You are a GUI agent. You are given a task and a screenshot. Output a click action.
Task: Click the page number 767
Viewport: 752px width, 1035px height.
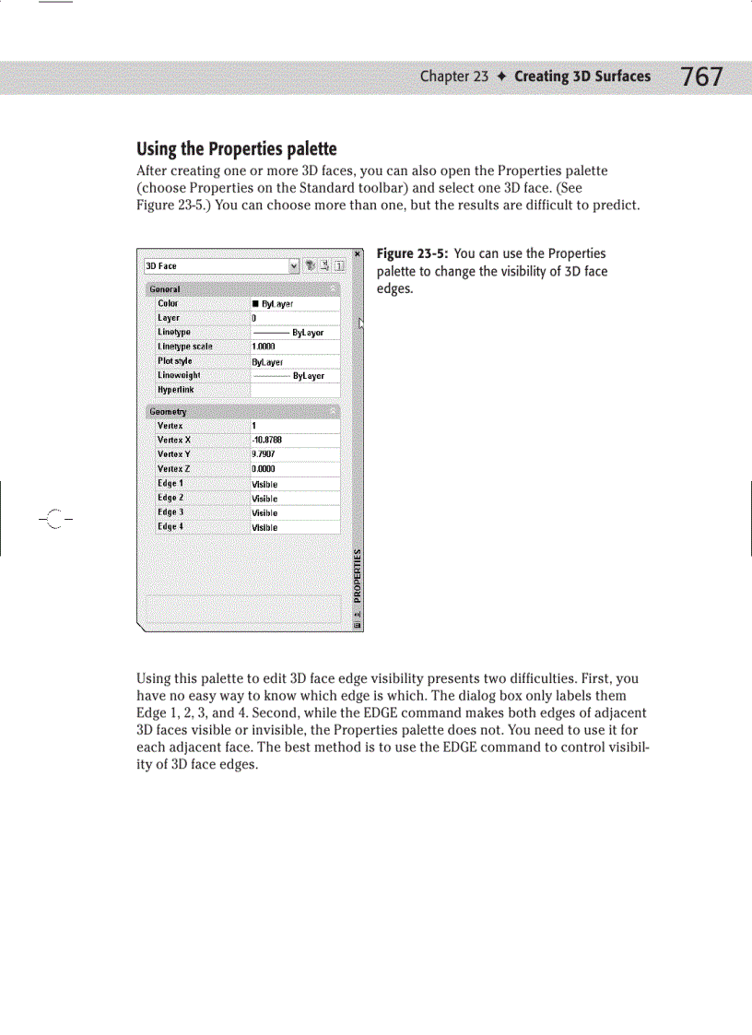coord(702,76)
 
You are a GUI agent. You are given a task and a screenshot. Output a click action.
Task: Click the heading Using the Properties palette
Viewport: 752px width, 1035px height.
coord(237,149)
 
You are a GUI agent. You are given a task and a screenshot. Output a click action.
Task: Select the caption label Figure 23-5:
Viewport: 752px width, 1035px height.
coord(413,253)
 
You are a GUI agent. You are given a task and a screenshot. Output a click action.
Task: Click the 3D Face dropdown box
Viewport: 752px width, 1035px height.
coord(221,266)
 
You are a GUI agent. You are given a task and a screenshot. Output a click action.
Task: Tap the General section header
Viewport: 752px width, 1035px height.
coord(166,289)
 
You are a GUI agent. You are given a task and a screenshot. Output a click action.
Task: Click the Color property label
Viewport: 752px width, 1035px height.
coord(168,303)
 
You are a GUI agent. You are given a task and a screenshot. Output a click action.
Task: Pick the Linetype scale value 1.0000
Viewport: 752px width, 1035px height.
coord(265,347)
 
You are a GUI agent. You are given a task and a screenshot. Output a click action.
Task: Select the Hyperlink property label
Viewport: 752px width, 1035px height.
coord(175,390)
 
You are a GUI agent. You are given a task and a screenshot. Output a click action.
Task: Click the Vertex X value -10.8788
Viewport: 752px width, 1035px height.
coord(268,441)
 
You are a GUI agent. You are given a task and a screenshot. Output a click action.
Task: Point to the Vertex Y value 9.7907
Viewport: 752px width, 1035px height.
coord(264,455)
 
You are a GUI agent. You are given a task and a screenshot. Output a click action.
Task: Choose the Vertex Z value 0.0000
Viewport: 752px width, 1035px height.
coord(264,469)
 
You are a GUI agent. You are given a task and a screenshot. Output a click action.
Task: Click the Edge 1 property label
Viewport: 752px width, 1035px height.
coord(170,484)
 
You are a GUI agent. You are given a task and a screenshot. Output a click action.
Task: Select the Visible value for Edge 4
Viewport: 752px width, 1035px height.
coord(264,528)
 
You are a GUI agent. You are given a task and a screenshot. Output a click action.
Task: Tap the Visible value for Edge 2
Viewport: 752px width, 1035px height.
coord(264,499)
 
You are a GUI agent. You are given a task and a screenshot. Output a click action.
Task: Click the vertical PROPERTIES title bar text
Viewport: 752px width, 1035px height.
coord(358,577)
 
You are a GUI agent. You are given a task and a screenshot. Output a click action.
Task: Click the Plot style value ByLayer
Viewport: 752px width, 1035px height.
coord(267,362)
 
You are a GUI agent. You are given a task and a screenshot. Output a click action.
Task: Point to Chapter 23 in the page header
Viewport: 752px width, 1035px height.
coord(453,76)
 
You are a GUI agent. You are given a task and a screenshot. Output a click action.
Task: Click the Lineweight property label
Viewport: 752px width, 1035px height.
coord(179,375)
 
